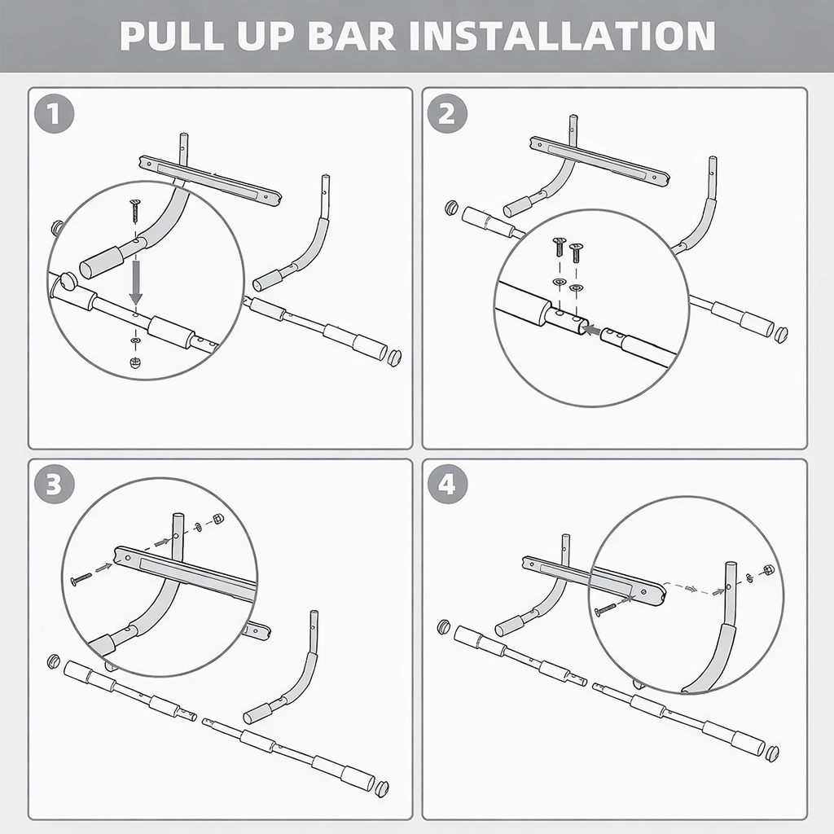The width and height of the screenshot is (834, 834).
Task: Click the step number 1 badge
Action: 55,114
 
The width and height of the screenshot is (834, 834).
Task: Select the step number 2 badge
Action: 447,114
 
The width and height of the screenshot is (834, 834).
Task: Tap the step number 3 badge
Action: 55,485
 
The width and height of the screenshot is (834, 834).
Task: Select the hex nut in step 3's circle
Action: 218,519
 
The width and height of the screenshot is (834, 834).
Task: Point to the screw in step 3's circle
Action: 81,579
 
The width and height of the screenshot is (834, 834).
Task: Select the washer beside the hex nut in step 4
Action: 748,577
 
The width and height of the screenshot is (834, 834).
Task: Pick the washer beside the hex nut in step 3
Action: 200,528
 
